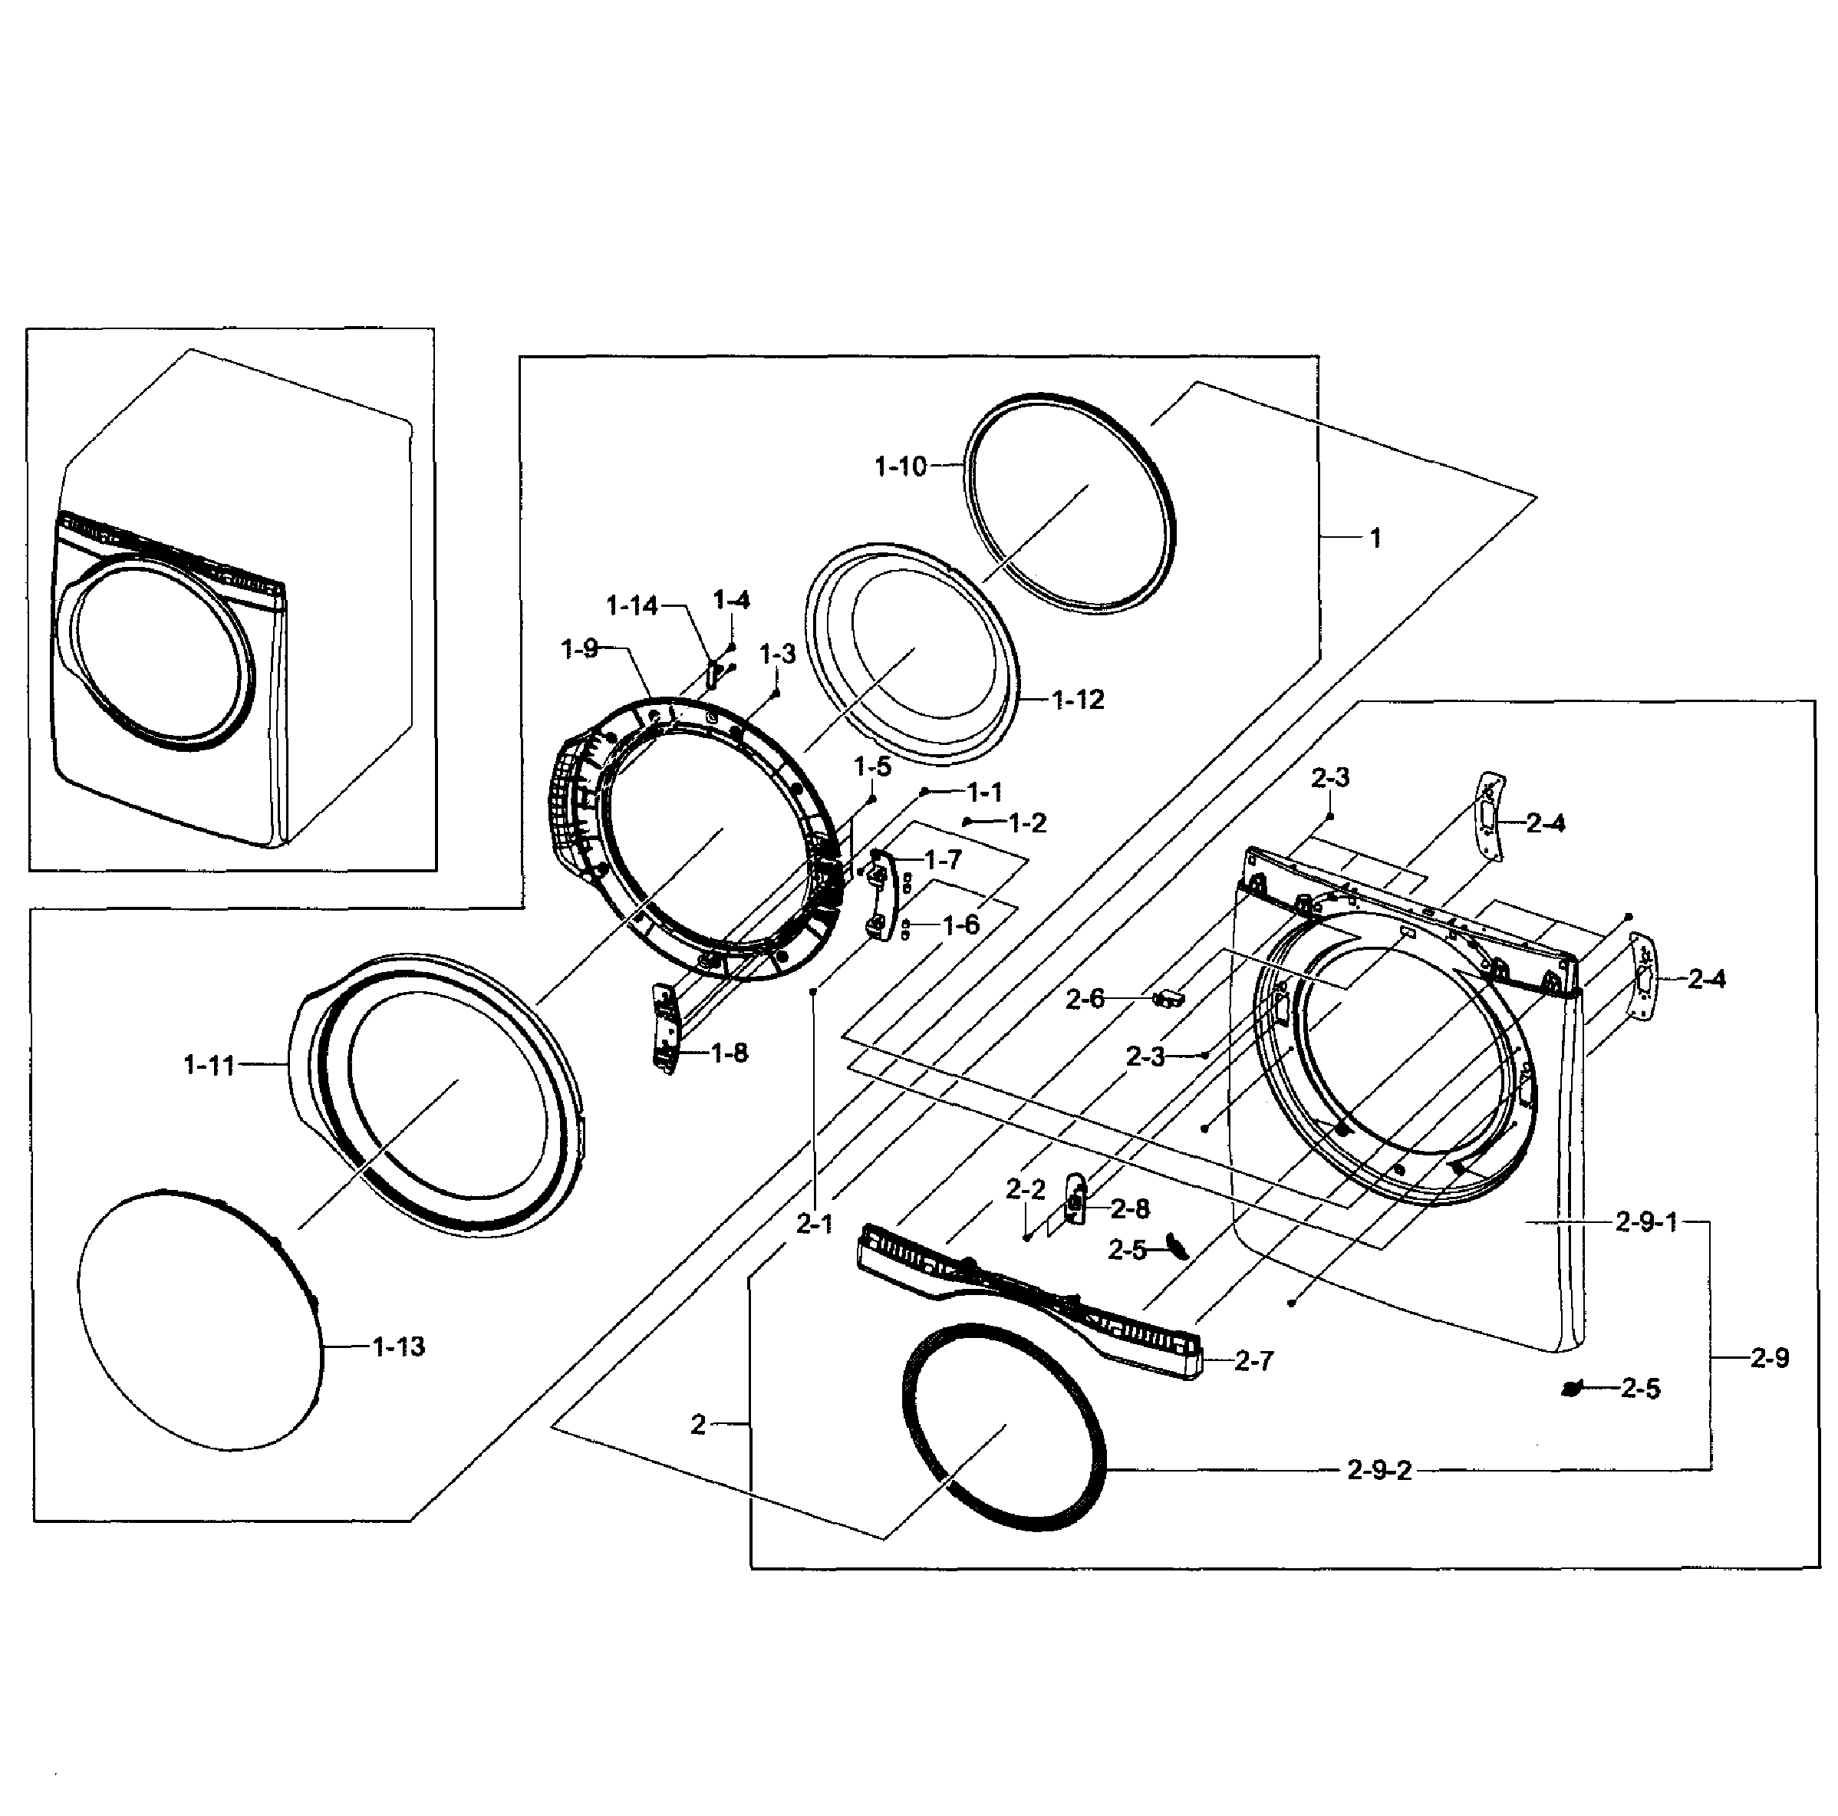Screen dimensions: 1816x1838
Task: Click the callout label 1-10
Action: pyautogui.click(x=899, y=467)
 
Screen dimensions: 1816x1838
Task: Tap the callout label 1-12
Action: pyautogui.click(x=1078, y=700)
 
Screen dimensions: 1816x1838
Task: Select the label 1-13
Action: pyautogui.click(x=399, y=1347)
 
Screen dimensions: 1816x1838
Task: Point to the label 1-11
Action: pyautogui.click(x=209, y=1066)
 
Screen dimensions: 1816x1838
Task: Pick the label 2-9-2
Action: pyautogui.click(x=1378, y=1471)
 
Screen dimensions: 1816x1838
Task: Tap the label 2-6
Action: pyautogui.click(x=1085, y=999)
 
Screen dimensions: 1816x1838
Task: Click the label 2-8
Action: pyautogui.click(x=1129, y=1209)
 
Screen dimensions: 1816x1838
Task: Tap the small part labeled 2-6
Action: pyautogui.click(x=1168, y=998)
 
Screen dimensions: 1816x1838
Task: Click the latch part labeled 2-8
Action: pyautogui.click(x=1075, y=1201)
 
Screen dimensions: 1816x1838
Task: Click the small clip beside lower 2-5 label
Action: pyautogui.click(x=1572, y=1390)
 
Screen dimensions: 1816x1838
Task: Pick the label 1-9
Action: pyautogui.click(x=578, y=650)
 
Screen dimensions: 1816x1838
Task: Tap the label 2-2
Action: pyautogui.click(x=1026, y=1190)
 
